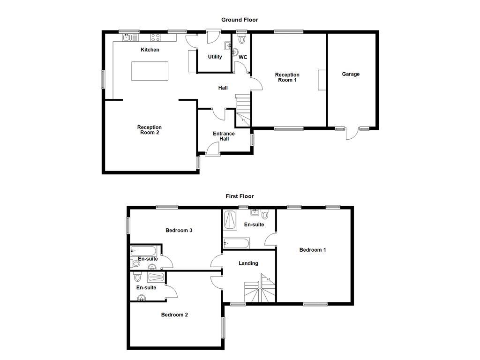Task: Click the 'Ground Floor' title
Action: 240,20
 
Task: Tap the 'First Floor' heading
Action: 240,196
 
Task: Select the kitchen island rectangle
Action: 150,71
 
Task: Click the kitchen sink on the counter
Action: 130,37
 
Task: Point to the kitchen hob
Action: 156,37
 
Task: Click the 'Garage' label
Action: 351,74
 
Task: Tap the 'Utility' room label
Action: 215,57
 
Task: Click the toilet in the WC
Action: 242,39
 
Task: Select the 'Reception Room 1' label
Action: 287,77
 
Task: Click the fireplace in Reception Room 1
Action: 321,80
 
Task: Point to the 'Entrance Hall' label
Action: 224,136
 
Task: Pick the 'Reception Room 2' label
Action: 149,130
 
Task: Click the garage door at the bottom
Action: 352,134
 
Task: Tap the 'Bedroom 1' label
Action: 313,250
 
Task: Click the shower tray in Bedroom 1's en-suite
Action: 230,220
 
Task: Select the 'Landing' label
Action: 248,263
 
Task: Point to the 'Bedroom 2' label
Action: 174,315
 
